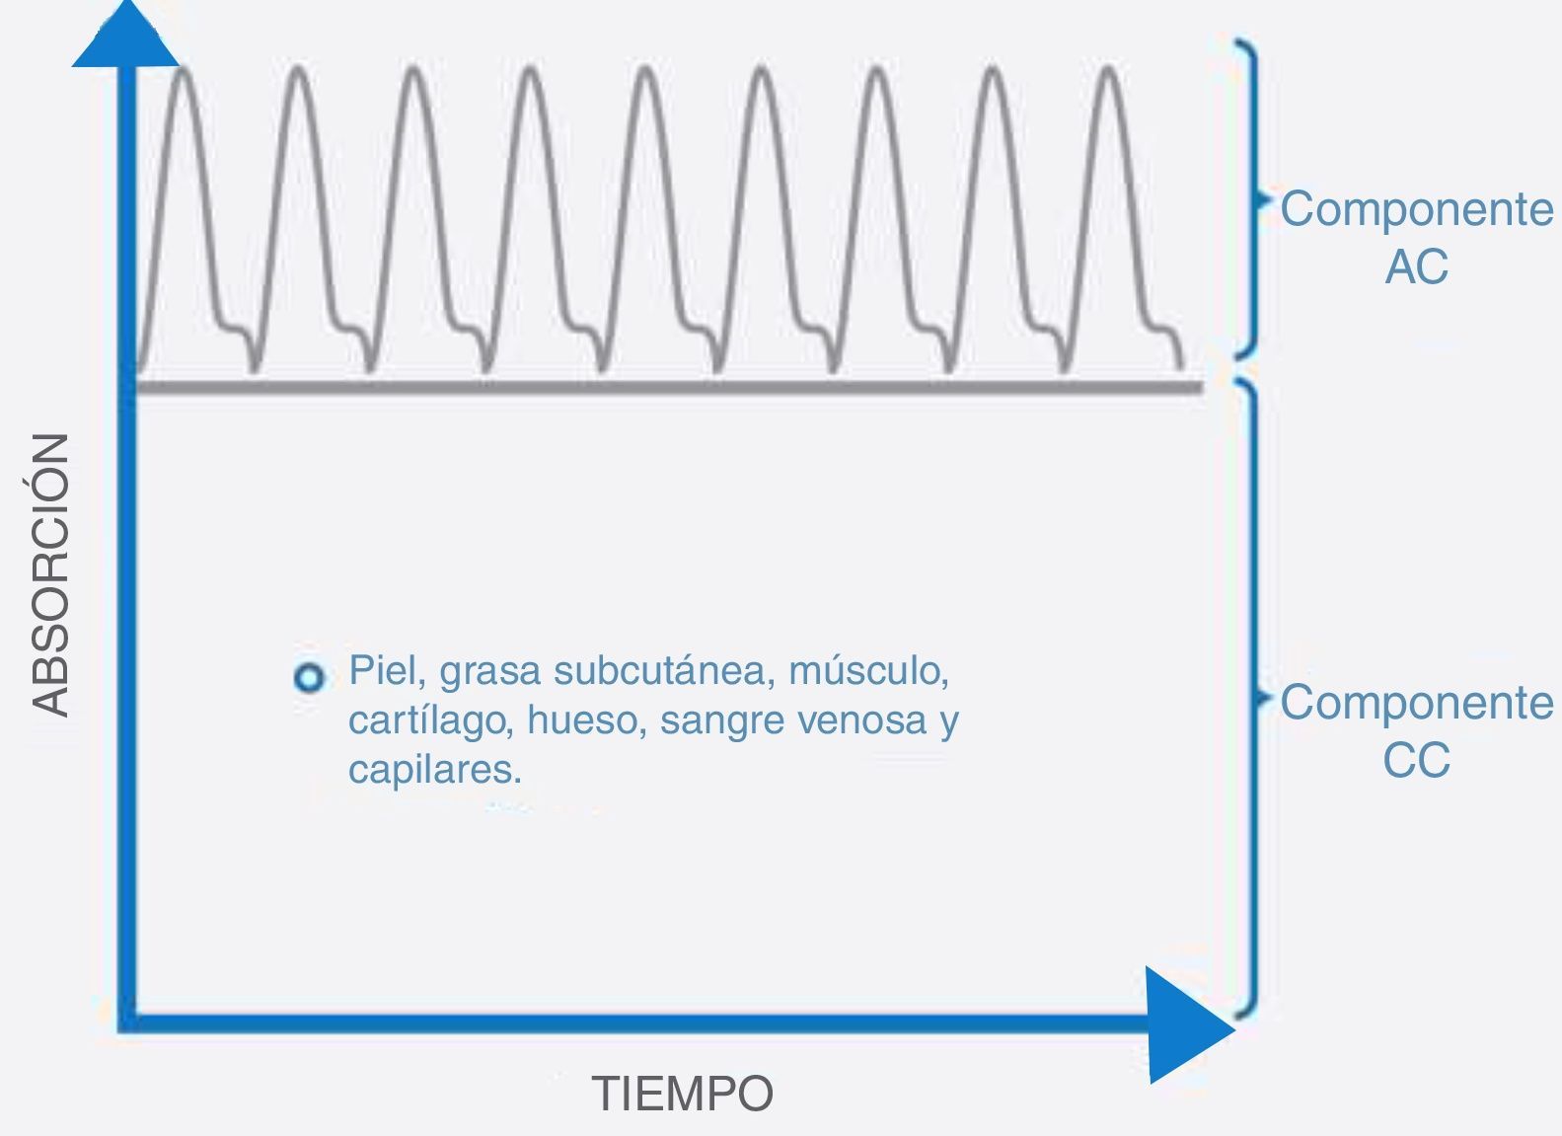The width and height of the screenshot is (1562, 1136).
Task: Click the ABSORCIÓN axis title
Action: (50, 573)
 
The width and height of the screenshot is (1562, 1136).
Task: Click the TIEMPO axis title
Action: (682, 1094)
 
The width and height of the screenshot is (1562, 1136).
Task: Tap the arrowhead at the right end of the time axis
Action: (1187, 1026)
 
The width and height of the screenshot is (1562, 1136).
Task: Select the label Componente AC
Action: (1416, 237)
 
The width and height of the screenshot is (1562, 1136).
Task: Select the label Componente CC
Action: (1416, 730)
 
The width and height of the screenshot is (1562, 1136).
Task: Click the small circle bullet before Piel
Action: (309, 678)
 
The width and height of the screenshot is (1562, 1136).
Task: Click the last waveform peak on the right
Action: (1110, 71)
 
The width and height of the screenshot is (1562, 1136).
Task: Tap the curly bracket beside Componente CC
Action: (1251, 696)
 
